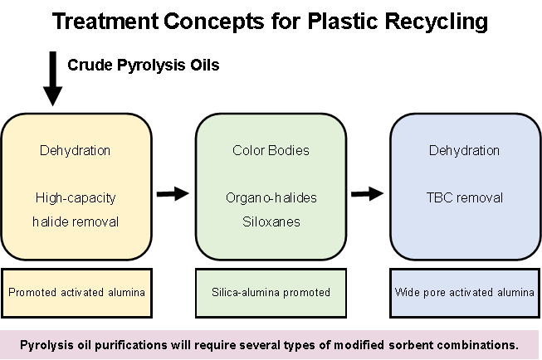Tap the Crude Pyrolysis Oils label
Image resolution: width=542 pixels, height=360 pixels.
pos(144,65)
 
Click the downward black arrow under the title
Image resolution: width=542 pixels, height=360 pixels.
pos(52,79)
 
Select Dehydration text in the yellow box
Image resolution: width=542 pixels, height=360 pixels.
pos(75,151)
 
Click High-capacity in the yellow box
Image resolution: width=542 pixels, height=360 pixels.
pos(75,197)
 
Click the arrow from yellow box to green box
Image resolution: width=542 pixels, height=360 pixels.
pos(173,193)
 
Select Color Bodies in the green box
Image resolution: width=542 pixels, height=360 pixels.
pos(270,151)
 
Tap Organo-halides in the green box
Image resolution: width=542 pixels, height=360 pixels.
pos(270,197)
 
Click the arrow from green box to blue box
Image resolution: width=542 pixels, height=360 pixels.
pos(366,193)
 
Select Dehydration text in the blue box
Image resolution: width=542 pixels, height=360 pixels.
pos(464,151)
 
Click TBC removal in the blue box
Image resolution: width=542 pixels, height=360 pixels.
pos(464,197)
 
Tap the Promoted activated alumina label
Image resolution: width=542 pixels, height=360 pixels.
pos(76,292)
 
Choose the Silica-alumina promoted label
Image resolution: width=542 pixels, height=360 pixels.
pos(270,292)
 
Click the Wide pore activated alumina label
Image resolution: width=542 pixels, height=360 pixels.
pos(465,292)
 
